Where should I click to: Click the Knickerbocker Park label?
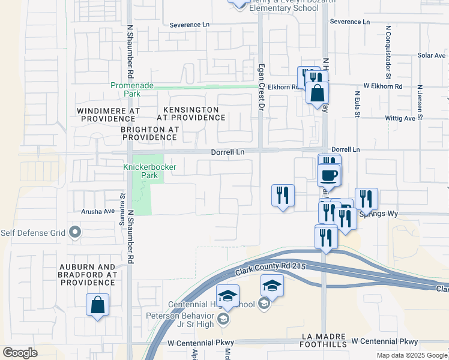[140, 171]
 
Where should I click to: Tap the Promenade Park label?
[128, 89]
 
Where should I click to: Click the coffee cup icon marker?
[328, 176]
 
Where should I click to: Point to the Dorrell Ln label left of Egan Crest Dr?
[228, 152]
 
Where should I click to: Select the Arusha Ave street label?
[98, 211]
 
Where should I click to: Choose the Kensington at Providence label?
[191, 113]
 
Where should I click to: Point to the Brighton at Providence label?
[149, 133]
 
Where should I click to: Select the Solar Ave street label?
[432, 55]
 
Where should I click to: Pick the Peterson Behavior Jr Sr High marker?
[223, 318]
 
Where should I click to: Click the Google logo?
[20, 353]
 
